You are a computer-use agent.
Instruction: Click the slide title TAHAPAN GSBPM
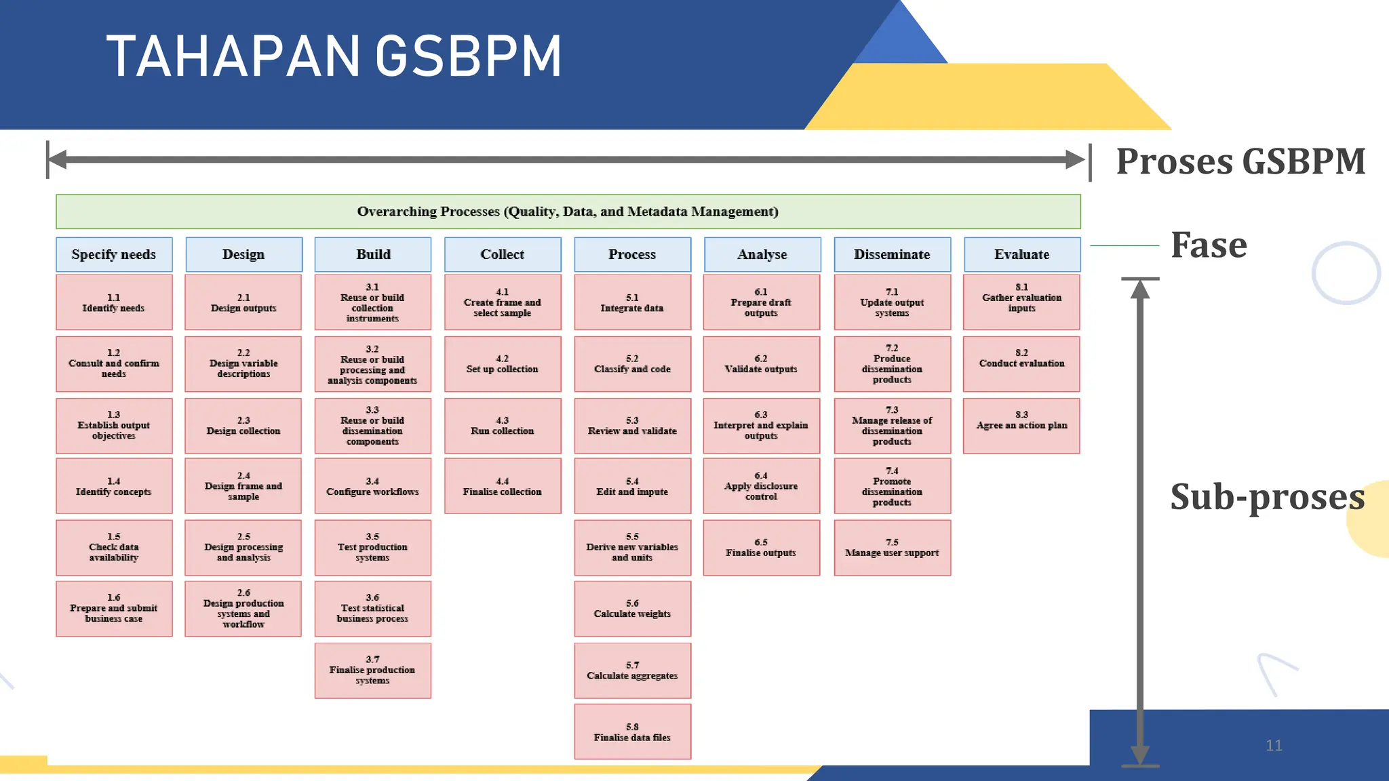point(334,57)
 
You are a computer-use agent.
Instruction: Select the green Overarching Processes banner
point(568,212)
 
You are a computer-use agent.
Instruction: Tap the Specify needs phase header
point(114,254)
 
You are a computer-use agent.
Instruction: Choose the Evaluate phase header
point(1021,254)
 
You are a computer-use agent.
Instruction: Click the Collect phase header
point(503,254)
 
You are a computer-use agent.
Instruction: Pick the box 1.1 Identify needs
point(114,302)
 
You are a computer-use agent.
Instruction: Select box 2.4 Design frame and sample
point(243,486)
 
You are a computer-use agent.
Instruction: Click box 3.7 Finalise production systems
point(372,670)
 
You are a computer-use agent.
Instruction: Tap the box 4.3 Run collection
point(503,426)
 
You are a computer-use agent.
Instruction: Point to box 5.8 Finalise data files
point(632,732)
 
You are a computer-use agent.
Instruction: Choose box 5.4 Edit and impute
point(632,486)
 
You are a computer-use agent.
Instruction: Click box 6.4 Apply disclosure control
point(761,486)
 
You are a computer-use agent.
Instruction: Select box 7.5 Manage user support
point(892,548)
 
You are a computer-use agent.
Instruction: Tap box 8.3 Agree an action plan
point(1021,426)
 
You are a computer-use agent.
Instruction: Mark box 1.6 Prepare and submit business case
point(114,608)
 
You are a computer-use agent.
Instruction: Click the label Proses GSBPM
point(1240,162)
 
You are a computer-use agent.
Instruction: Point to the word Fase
point(1209,245)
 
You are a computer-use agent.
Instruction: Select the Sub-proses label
point(1267,496)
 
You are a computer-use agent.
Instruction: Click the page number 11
point(1274,746)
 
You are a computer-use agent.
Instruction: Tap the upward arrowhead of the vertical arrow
point(1140,289)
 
